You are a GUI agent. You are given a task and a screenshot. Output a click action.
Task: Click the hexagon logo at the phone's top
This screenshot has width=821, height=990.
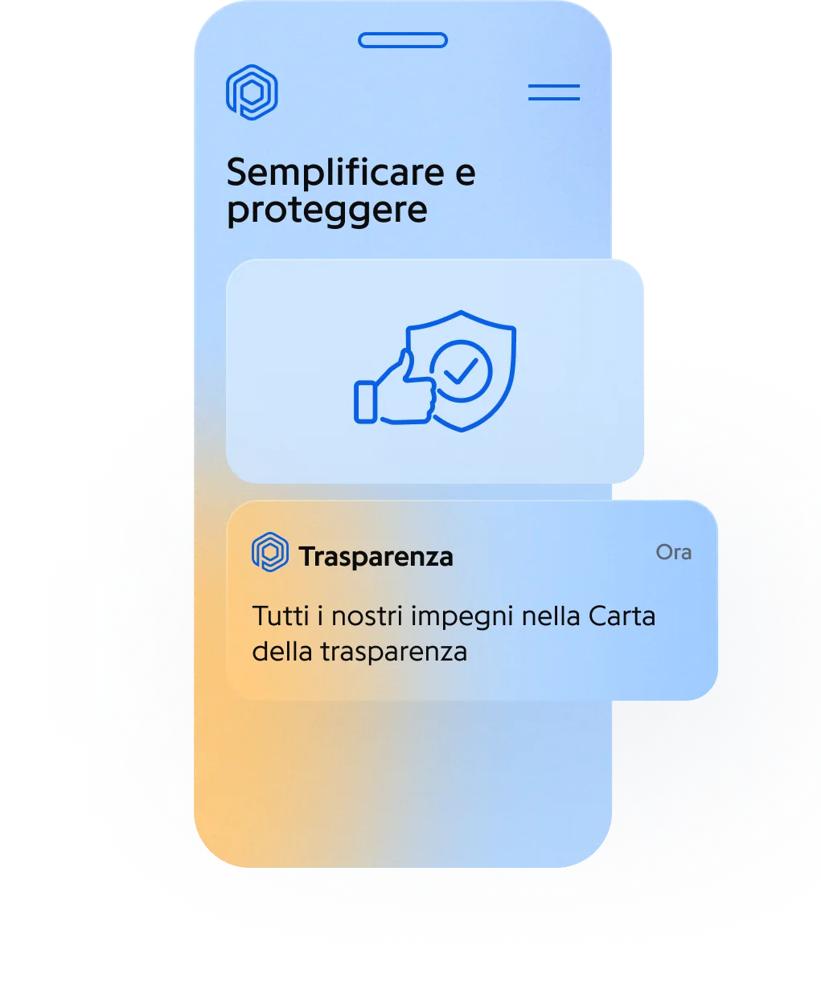[252, 92]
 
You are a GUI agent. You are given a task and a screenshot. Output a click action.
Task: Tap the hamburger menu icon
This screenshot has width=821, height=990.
[553, 92]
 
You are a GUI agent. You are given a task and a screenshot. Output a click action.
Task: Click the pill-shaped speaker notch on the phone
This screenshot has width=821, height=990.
[402, 40]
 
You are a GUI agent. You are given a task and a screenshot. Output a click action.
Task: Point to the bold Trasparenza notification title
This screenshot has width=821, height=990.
[376, 556]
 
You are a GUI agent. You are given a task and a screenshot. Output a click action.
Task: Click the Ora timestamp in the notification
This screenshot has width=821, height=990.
[674, 553]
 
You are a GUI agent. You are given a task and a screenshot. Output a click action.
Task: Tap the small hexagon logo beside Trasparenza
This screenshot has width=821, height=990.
[269, 554]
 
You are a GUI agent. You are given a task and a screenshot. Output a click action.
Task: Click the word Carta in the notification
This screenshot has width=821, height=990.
[622, 617]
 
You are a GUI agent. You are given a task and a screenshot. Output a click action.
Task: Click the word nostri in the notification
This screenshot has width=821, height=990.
[368, 617]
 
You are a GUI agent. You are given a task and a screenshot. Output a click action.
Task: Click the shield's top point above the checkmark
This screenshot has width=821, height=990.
[461, 313]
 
